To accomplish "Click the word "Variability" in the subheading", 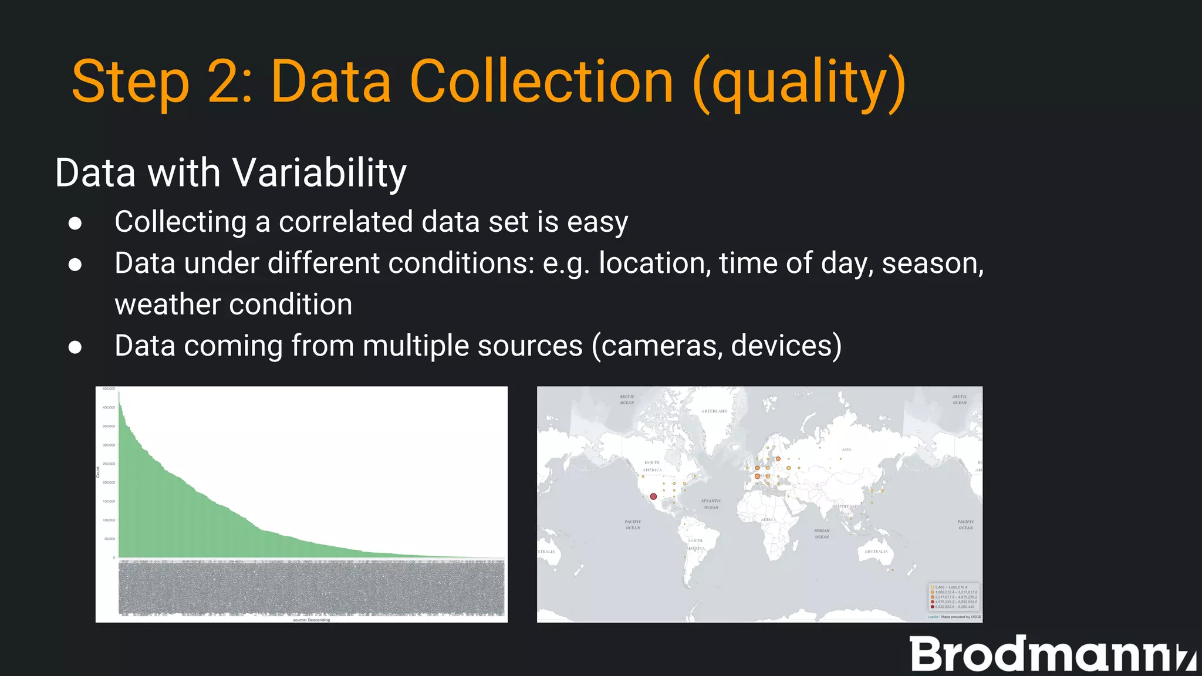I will click(319, 173).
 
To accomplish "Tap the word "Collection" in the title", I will click(541, 82).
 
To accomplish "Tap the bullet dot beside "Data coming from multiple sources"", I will click(75, 347).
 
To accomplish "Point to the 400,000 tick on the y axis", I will click(109, 407).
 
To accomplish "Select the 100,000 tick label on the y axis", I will click(109, 520).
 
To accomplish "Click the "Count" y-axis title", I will click(98, 472).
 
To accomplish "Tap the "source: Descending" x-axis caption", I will click(311, 620).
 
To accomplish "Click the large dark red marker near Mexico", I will click(653, 496).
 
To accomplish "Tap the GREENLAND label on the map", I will click(714, 411).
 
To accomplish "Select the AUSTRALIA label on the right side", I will click(876, 552).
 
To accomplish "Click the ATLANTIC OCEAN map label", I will click(711, 504).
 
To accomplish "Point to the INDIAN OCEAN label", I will click(822, 533).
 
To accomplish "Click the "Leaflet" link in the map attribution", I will click(933, 617).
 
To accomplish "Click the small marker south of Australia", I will click(893, 570).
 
